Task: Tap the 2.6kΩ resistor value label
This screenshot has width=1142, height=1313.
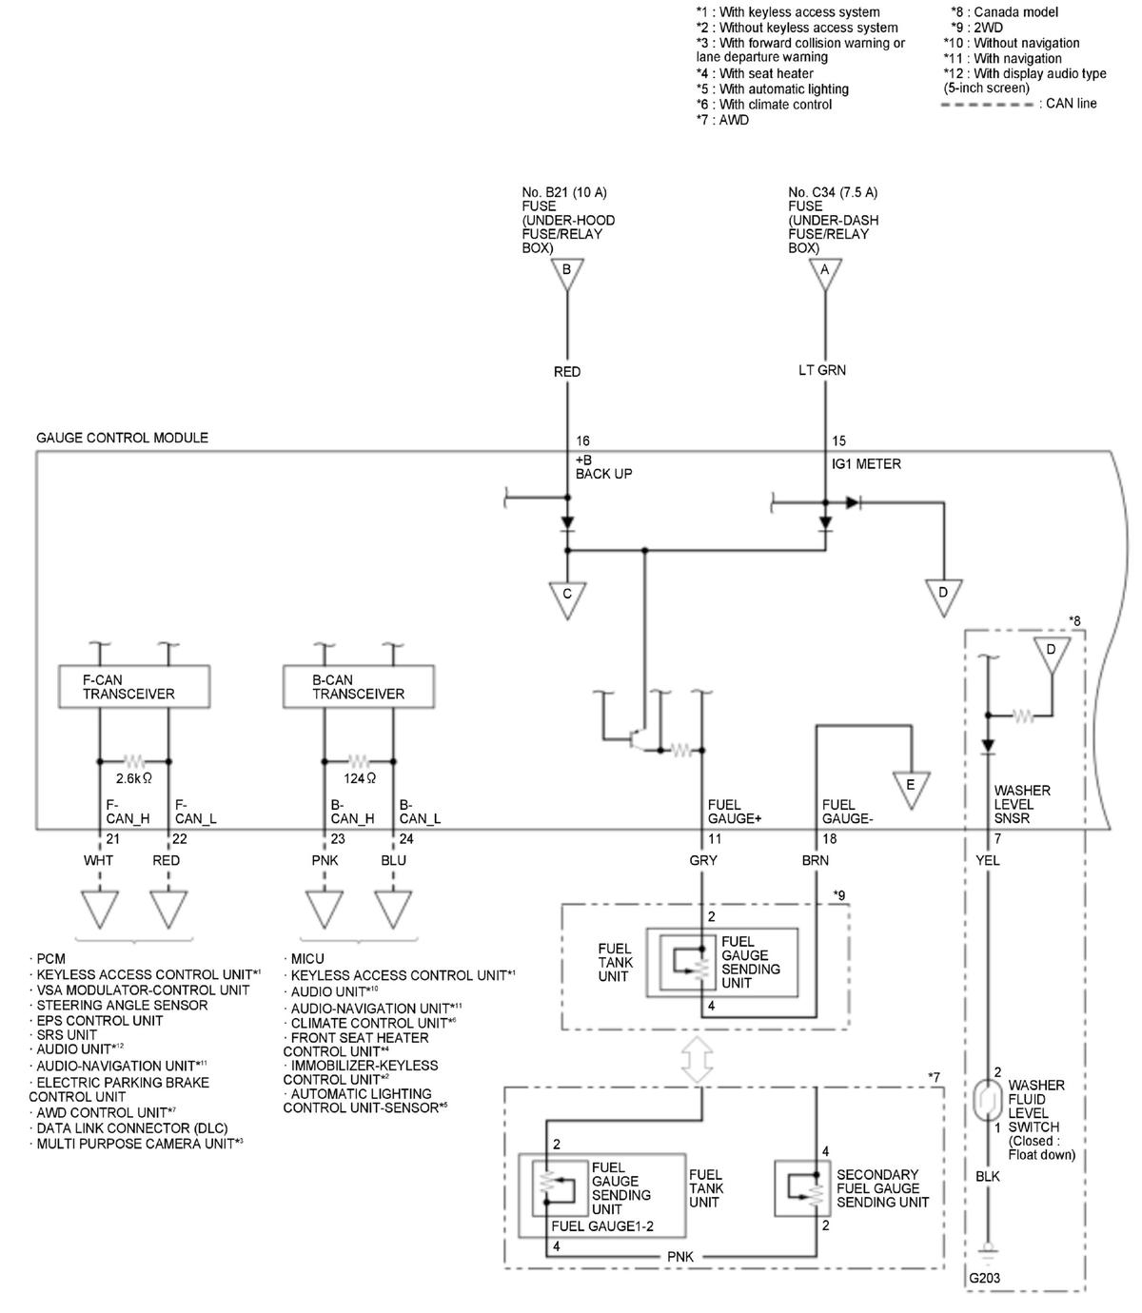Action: (x=133, y=778)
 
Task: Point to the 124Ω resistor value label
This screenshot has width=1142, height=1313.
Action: (x=360, y=778)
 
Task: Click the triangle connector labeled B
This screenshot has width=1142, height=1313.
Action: (x=567, y=274)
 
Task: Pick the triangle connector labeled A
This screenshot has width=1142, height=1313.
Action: (x=825, y=274)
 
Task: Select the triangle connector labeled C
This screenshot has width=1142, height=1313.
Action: (x=567, y=599)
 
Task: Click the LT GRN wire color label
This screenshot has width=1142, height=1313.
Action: (x=822, y=370)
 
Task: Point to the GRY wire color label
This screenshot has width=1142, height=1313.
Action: (x=703, y=860)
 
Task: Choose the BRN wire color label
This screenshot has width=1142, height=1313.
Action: (x=816, y=860)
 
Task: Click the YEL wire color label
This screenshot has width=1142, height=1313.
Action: (x=987, y=860)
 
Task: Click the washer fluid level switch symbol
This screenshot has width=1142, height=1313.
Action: (x=988, y=1101)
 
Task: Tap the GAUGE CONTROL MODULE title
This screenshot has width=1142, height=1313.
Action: (x=122, y=438)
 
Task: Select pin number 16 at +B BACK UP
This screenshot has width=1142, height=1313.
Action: (x=582, y=441)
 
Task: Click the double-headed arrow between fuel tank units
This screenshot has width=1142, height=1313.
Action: (x=698, y=1060)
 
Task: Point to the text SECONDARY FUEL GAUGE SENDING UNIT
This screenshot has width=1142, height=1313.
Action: (x=882, y=1187)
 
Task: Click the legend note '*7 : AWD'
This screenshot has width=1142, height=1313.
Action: (x=722, y=120)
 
